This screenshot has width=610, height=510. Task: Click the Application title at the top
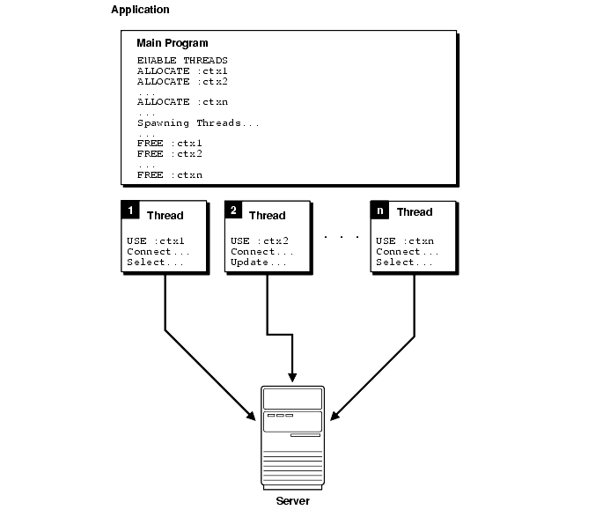140,10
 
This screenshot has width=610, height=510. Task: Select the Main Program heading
173,43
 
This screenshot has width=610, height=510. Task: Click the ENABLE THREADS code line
182,60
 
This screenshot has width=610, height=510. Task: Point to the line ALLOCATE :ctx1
182,70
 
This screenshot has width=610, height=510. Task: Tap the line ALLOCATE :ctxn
182,102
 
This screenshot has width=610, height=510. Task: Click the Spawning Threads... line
198,123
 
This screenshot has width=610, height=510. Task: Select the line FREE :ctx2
170,154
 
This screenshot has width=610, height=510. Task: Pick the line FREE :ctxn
170,175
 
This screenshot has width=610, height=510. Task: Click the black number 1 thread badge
130,211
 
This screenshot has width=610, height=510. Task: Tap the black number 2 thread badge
234,211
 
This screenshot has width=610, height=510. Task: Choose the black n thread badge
380,211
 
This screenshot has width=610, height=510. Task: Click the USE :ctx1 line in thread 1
157,241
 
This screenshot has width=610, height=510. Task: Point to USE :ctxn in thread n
405,241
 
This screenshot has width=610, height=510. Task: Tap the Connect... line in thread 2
261,252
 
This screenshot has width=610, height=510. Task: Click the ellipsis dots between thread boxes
341,237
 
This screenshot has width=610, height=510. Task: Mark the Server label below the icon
292,500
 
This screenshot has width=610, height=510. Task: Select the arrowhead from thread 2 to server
293,374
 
